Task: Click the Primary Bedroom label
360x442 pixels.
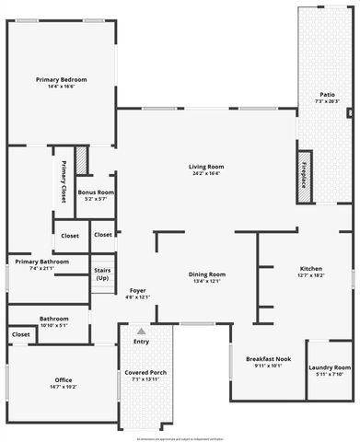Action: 61,80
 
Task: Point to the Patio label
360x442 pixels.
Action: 327,94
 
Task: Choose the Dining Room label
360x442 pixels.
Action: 206,274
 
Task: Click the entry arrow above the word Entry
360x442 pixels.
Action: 141,331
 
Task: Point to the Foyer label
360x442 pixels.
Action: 137,290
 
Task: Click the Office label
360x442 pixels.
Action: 64,379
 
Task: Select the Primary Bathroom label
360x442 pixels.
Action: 42,262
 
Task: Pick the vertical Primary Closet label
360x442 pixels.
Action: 64,181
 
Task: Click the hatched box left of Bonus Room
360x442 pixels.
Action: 80,163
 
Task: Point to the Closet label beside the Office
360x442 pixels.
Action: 19,333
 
